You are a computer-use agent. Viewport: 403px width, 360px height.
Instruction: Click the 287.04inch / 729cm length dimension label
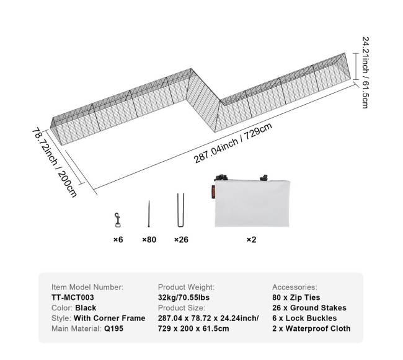coord(233,143)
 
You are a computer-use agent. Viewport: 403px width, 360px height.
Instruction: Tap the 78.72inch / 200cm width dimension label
coord(55,162)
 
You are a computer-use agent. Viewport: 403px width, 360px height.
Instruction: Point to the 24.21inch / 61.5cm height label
coord(365,72)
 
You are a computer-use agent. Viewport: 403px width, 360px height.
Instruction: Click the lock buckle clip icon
coord(117,220)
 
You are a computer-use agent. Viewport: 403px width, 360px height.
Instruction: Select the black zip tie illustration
coord(149,214)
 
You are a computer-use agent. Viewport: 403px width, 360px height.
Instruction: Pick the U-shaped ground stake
coord(180,210)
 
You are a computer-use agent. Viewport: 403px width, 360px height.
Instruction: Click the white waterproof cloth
coord(252,203)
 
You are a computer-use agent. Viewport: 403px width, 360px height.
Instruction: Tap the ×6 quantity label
coord(118,240)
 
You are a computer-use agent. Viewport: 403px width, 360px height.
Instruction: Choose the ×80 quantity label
coord(149,240)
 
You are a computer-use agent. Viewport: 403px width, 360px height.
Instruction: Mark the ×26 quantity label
coord(181,240)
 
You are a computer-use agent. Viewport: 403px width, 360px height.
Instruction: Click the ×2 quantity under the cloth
coord(251,240)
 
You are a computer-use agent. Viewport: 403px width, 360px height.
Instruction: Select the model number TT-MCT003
coord(73,297)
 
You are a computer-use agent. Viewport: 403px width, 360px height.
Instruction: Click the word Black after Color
coord(86,307)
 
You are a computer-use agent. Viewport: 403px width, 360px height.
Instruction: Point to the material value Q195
coord(113,328)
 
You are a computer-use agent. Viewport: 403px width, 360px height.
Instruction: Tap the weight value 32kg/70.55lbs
coord(184,297)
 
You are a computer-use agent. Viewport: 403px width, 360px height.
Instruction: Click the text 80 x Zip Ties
coord(296,297)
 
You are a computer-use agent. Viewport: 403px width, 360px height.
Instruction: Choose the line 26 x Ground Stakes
coord(309,307)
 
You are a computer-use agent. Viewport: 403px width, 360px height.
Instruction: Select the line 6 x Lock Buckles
coord(304,318)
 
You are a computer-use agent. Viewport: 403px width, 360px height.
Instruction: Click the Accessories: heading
coord(294,287)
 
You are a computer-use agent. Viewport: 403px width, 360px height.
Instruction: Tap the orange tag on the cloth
coord(213,192)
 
